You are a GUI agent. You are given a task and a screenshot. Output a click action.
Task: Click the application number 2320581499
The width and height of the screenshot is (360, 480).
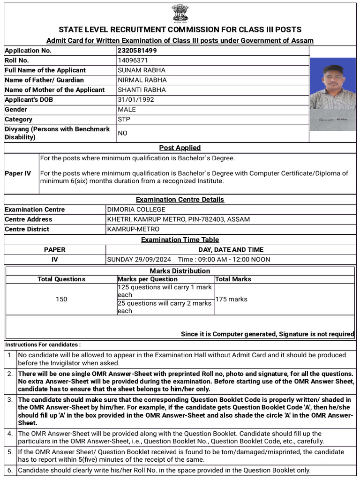click(x=137, y=51)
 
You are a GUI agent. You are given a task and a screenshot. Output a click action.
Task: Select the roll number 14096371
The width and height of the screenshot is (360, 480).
click(x=133, y=60)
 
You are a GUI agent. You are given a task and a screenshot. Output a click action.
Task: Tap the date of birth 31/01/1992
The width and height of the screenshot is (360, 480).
click(x=136, y=99)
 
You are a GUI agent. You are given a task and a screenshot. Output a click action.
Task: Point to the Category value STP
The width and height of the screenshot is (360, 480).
click(x=124, y=119)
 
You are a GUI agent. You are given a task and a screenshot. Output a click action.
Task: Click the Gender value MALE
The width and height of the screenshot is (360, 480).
click(x=127, y=109)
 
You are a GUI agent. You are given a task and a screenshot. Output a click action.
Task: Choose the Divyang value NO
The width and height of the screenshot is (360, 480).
click(x=123, y=133)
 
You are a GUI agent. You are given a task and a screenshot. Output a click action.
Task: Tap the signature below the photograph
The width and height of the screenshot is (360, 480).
click(x=333, y=120)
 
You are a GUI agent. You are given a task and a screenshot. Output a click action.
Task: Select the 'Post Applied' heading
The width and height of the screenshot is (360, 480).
click(x=180, y=148)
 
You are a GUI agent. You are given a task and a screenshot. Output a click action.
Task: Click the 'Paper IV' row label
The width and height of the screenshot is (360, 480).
click(x=18, y=173)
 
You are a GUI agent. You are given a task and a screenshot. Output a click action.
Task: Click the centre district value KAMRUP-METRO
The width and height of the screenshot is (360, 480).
click(x=133, y=229)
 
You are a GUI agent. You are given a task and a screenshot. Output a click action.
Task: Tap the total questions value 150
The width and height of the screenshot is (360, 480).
click(x=61, y=299)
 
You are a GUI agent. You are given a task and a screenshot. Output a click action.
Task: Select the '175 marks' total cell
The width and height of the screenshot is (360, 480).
click(x=231, y=299)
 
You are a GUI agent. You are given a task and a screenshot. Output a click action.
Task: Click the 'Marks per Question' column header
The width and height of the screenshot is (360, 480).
click(x=148, y=279)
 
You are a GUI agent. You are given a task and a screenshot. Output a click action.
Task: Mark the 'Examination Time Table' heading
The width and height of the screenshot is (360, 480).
click(x=180, y=240)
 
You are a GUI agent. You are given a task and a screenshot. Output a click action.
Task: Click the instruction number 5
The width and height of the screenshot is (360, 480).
click(x=10, y=452)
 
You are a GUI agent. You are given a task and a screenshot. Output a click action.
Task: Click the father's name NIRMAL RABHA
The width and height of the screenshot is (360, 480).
click(x=142, y=80)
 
